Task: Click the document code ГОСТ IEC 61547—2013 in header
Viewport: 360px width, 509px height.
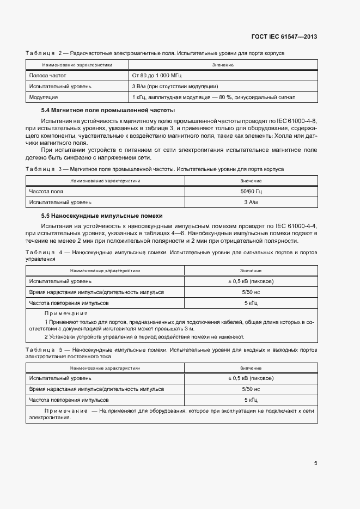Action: coord(284,36)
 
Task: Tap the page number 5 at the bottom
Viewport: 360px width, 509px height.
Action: coord(316,463)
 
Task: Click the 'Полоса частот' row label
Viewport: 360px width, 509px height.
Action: coord(47,75)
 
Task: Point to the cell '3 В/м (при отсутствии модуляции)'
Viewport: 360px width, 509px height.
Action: coord(175,86)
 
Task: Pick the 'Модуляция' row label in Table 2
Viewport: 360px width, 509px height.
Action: coord(44,97)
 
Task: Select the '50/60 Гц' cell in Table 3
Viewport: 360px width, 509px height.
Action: coord(251,192)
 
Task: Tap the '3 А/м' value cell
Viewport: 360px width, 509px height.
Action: coord(251,203)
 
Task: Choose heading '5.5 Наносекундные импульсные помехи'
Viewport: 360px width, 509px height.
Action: coord(98,216)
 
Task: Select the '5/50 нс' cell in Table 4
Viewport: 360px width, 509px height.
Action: coord(251,292)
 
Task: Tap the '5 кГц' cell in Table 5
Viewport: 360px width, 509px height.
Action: coord(251,399)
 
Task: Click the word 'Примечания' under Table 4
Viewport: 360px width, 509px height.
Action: coord(66,314)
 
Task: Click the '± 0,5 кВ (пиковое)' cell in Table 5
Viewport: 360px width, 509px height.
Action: coord(251,378)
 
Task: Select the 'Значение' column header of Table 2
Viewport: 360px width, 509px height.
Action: coord(223,65)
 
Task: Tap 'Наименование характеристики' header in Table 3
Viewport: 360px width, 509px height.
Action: coord(105,180)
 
